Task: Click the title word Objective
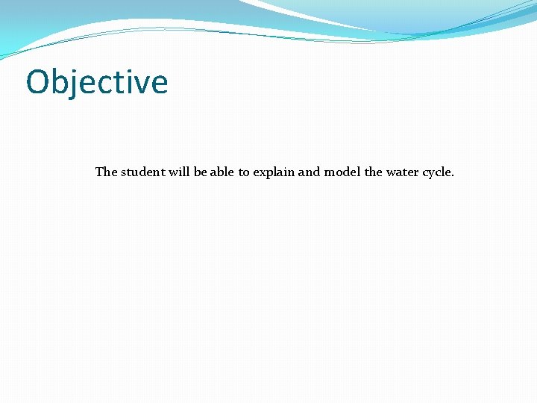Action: point(97,82)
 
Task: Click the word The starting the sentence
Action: point(106,172)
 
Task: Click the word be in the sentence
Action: point(201,172)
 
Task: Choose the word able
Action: point(222,172)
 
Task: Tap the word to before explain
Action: point(244,172)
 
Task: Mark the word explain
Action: point(274,172)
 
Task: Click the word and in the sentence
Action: point(309,172)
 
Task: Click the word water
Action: point(402,172)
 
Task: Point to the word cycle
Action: point(436,172)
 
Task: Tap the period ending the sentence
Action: point(453,175)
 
